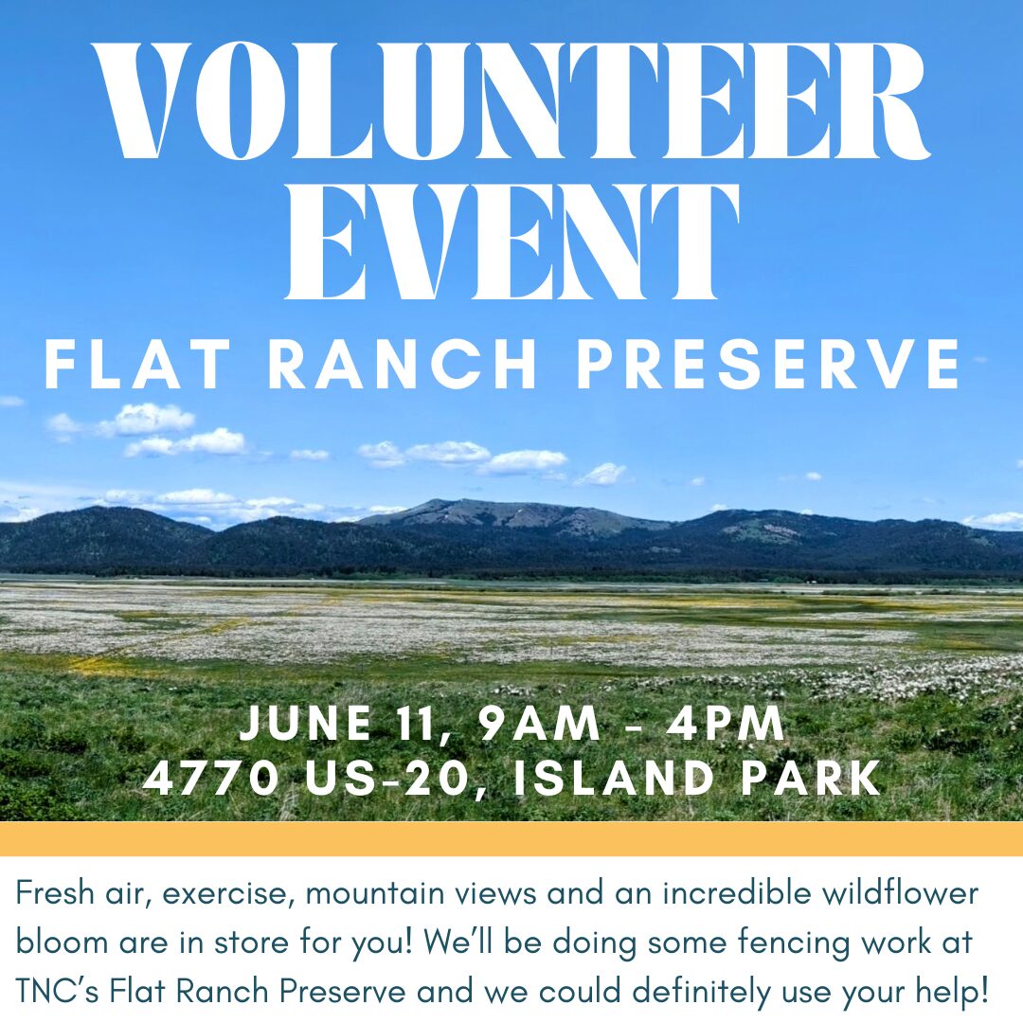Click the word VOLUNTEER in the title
pos(511,101)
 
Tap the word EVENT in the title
pos(512,242)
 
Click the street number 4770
pos(210,778)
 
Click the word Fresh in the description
pos(55,892)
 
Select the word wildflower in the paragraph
pos(900,892)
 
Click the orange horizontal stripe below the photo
pos(511,838)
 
